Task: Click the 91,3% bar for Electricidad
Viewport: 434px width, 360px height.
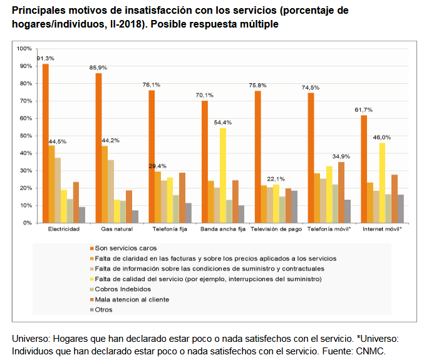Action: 46,143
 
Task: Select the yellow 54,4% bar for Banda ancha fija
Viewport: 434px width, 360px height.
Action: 223,175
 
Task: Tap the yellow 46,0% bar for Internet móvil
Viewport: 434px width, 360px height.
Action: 382,183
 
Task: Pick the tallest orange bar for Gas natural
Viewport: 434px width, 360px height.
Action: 99,148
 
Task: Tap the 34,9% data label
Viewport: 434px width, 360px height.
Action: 341,155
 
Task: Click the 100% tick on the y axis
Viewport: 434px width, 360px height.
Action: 24,49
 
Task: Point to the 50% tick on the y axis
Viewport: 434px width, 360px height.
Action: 25,136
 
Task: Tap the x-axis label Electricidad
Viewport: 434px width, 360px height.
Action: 63,230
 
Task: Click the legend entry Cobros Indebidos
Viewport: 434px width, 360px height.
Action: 123,289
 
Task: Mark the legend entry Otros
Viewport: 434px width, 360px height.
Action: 110,309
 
